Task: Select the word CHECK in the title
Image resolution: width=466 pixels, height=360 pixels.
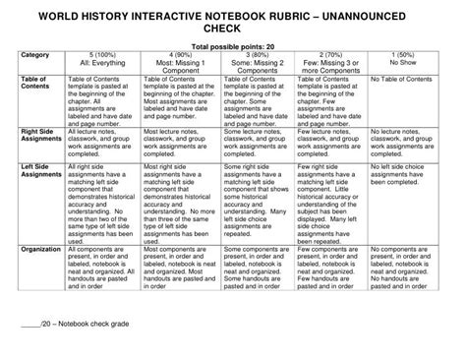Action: [234, 30]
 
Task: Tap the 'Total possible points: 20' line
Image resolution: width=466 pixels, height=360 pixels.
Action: [234, 47]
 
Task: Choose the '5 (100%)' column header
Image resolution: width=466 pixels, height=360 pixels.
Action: [104, 55]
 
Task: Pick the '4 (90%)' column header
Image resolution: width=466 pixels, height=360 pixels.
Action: [179, 55]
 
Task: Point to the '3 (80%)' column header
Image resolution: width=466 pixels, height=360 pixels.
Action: [252, 55]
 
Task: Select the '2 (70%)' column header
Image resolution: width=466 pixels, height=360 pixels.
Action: [327, 55]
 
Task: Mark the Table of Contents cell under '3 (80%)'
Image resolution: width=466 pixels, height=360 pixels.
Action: [252, 98]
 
